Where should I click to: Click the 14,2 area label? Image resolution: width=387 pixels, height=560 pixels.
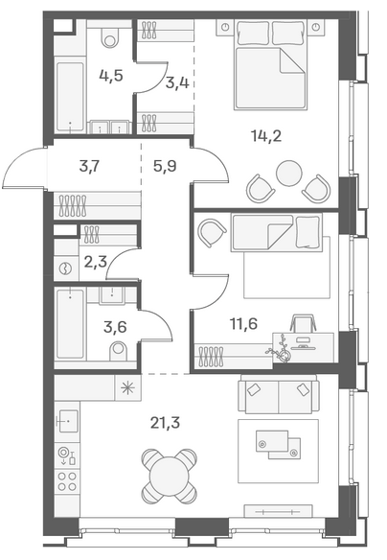[x=266, y=136]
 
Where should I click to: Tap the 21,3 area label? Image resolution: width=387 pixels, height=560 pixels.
[x=165, y=423]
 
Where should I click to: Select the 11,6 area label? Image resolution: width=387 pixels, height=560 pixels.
[x=243, y=324]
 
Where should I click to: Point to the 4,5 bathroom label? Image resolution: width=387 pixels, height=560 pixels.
[x=111, y=76]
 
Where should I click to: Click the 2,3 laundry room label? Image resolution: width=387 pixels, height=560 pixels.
[x=96, y=262]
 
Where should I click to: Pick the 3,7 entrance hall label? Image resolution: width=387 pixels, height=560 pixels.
[x=89, y=166]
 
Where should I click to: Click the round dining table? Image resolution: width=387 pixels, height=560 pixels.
[x=170, y=477]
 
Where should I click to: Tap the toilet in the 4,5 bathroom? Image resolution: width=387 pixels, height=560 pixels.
[x=110, y=37]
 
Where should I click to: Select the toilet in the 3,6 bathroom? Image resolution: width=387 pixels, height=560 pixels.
[x=119, y=351]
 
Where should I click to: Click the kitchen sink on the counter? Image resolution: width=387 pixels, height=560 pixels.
[x=68, y=421]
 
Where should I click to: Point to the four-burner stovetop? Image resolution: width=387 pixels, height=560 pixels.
[x=67, y=481]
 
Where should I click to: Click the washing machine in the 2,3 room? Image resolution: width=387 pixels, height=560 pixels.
[x=66, y=268]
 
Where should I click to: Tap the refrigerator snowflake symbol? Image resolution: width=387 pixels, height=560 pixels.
[x=127, y=387]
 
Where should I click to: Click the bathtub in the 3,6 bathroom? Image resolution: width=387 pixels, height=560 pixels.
[x=70, y=324]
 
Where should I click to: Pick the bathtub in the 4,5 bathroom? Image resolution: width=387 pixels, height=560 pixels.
[x=70, y=97]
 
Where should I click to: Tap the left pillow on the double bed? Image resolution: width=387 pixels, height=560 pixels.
[x=253, y=33]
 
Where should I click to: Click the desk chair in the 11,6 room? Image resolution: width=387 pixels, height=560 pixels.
[x=304, y=323]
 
